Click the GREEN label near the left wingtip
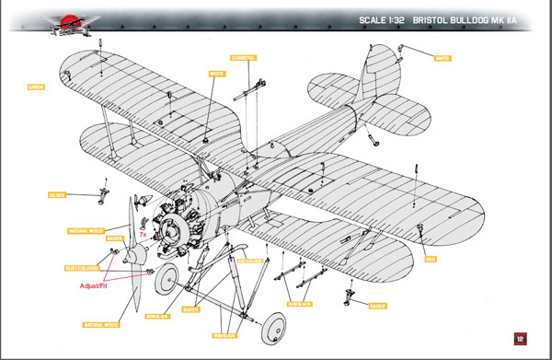point(36,88)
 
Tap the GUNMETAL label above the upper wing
point(244,57)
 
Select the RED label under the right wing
point(430,260)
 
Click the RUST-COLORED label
point(82,269)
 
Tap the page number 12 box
point(520,338)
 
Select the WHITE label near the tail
point(442,58)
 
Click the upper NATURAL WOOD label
point(86,230)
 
